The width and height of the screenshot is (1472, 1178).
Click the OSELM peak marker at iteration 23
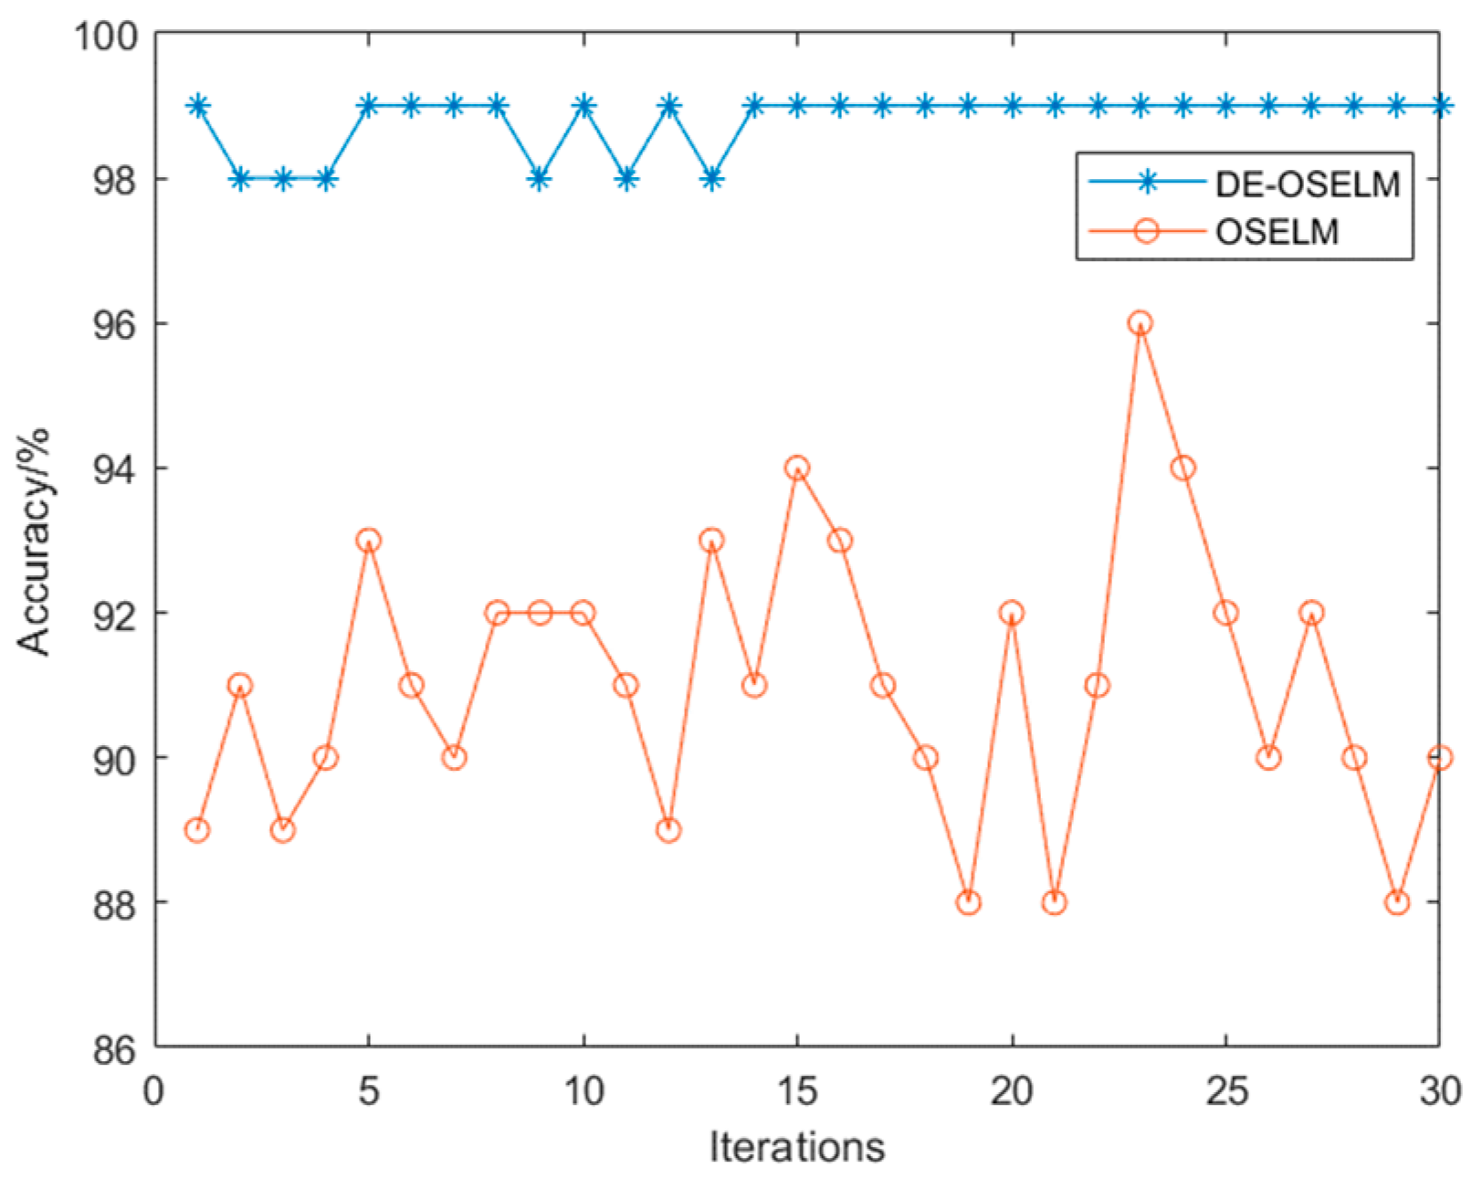[x=1140, y=322]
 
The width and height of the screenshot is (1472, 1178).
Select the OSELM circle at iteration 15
[x=797, y=468]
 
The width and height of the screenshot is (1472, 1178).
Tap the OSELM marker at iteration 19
[x=968, y=902]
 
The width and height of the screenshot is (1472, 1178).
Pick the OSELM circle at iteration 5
[x=368, y=541]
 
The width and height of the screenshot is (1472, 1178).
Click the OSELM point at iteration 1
[x=196, y=830]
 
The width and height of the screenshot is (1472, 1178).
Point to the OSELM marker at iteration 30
[x=1439, y=757]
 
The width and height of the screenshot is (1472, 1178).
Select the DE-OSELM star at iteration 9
[x=540, y=179]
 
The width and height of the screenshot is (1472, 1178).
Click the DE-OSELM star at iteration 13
[x=711, y=179]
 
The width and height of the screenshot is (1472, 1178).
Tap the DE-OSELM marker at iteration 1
[x=196, y=106]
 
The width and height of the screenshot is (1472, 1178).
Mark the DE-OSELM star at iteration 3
[x=282, y=179]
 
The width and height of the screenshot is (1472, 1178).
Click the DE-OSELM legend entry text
[x=1307, y=184]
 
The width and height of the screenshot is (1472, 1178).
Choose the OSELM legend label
[x=1277, y=231]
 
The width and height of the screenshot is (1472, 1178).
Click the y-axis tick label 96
[x=115, y=324]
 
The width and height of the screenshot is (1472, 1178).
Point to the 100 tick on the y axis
[x=104, y=36]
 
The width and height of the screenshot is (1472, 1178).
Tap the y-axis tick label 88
[x=115, y=903]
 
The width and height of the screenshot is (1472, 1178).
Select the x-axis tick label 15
[x=797, y=1091]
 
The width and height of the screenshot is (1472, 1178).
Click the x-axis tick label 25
[x=1225, y=1091]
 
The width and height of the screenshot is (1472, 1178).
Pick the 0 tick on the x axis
[x=154, y=1091]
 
